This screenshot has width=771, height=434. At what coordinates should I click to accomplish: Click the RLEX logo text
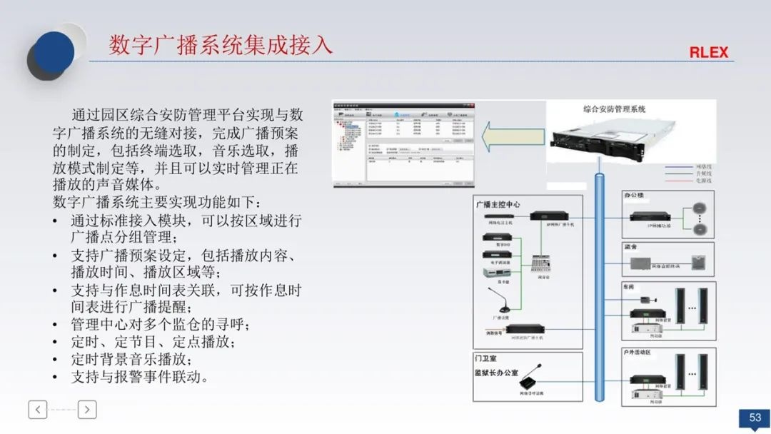(708, 53)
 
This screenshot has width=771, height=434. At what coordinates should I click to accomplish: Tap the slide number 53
(755, 418)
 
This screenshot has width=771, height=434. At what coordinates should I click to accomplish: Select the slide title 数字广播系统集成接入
(221, 44)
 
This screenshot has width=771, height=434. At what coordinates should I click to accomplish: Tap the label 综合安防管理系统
(614, 109)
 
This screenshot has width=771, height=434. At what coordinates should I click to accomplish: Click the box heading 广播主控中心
(498, 204)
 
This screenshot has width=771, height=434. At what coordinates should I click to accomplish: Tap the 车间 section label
(630, 287)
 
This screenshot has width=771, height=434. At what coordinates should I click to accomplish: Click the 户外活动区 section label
(637, 353)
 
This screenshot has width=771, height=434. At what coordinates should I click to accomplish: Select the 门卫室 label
(486, 359)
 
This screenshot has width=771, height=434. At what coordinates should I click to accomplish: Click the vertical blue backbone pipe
(600, 286)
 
